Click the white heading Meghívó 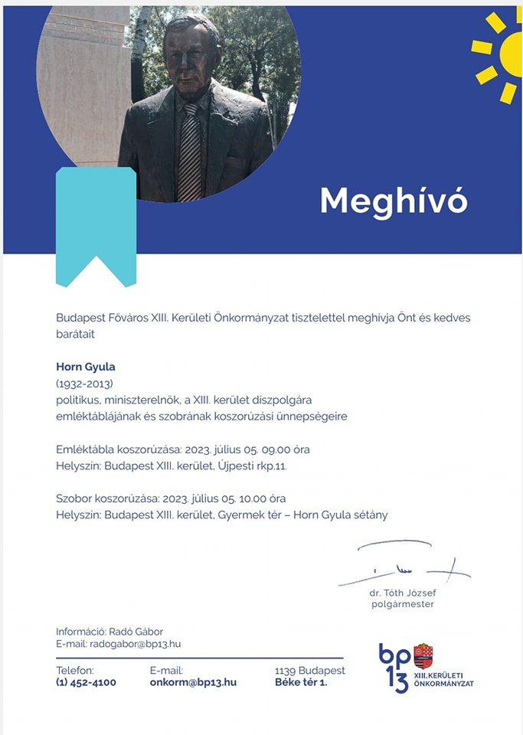pos(393,201)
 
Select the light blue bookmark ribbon pos(96,222)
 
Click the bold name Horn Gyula pos(85,366)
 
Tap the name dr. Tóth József pos(402,592)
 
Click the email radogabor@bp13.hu pos(136,644)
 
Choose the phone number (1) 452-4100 pos(86,682)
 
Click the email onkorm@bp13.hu pos(193,682)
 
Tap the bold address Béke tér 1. pos(301,682)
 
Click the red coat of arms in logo pos(423,656)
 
